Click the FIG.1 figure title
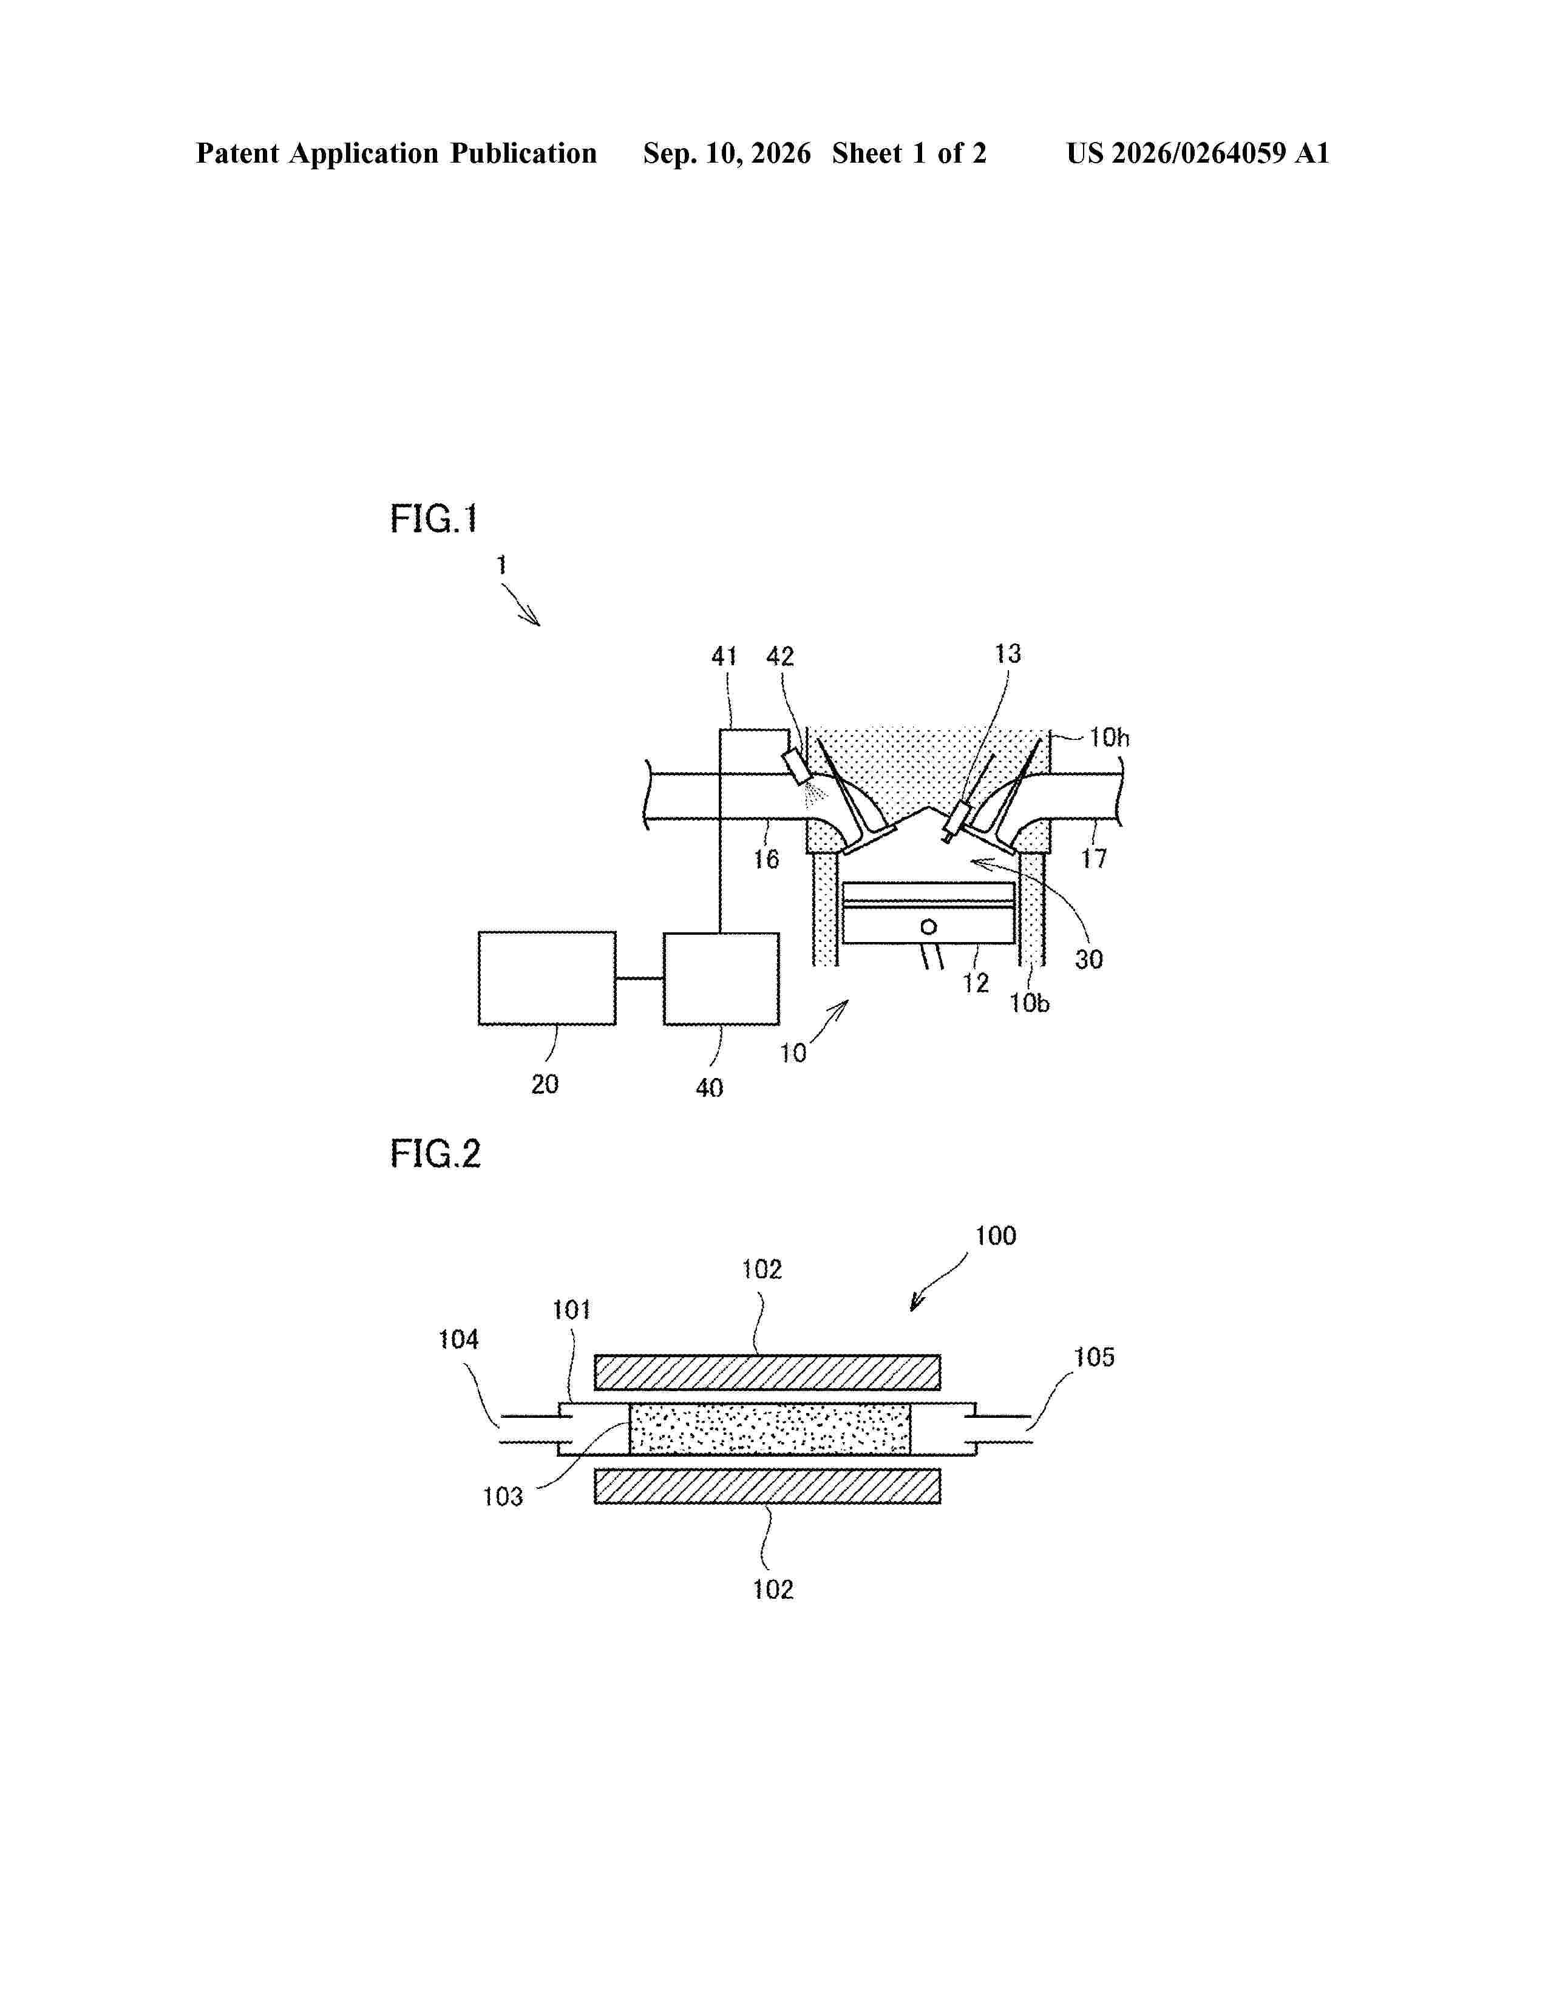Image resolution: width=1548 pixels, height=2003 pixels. click(x=434, y=519)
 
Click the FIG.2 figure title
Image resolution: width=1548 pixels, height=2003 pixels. click(x=436, y=1154)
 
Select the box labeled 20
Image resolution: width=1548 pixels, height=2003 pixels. click(x=546, y=978)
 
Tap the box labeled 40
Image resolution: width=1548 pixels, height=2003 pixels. click(x=721, y=978)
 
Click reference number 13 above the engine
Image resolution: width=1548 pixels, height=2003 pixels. click(x=1008, y=653)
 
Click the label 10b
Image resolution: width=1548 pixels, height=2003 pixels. click(x=1029, y=1003)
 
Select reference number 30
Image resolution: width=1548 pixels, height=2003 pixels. click(x=1088, y=959)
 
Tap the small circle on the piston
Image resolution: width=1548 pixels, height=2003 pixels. click(x=929, y=927)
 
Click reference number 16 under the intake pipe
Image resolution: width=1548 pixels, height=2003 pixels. click(x=766, y=859)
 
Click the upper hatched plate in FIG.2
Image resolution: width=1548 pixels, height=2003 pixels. click(x=767, y=1372)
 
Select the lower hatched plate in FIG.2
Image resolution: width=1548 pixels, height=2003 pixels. click(x=767, y=1486)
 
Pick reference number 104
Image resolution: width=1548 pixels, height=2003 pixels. click(x=458, y=1340)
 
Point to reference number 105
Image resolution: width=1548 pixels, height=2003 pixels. click(x=1094, y=1357)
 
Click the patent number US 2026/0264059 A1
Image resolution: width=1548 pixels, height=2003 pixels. click(x=1198, y=153)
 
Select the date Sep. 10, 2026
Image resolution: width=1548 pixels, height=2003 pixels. click(x=727, y=153)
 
